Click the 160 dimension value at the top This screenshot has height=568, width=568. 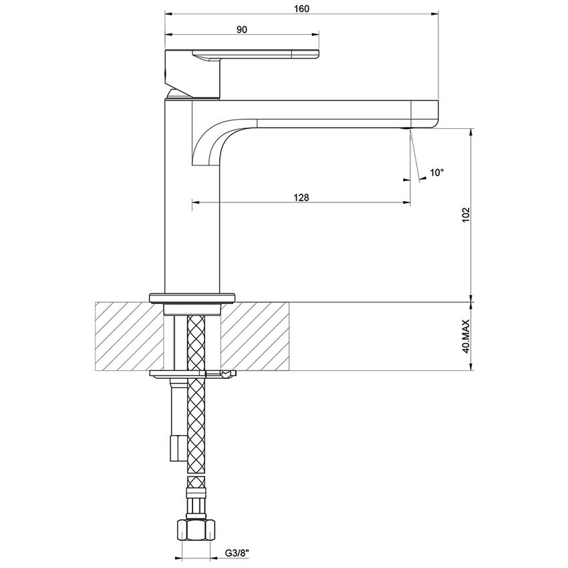click(301, 9)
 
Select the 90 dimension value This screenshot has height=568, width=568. click(242, 29)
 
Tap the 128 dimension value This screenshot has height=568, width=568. click(301, 197)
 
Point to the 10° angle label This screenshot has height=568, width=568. click(437, 172)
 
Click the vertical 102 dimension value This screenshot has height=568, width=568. click(466, 215)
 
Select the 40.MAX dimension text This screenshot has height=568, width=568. click(466, 336)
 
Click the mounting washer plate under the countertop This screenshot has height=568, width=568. click(190, 373)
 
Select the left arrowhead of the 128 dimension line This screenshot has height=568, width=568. click(196, 202)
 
